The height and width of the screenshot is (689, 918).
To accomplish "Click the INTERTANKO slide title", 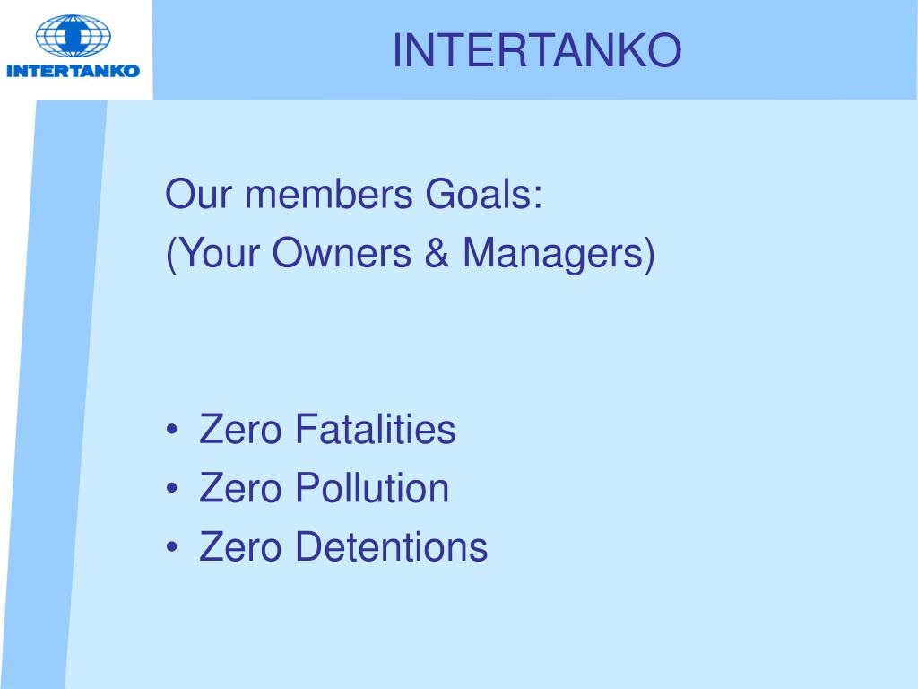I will (x=536, y=51).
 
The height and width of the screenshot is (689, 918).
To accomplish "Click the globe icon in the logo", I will (x=74, y=35).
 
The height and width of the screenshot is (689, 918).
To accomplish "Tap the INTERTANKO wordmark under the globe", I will (x=74, y=70).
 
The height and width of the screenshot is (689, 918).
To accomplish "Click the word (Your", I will (x=212, y=254).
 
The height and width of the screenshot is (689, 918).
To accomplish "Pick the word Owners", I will (x=342, y=254).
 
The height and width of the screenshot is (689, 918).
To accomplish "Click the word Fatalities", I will (x=376, y=430).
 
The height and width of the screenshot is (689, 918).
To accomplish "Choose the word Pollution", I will (x=372, y=488).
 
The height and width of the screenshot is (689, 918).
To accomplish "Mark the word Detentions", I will (x=391, y=546).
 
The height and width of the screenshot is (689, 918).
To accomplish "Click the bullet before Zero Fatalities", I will (x=172, y=432).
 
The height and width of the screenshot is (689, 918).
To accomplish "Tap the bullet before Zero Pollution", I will (x=172, y=490).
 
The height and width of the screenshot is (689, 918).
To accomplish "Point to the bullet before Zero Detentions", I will (x=172, y=548).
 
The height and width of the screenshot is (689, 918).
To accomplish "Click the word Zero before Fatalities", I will (x=240, y=430).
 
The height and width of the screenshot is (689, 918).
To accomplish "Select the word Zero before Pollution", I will (x=240, y=488).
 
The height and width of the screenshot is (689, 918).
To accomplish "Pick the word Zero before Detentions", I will (x=240, y=546).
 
